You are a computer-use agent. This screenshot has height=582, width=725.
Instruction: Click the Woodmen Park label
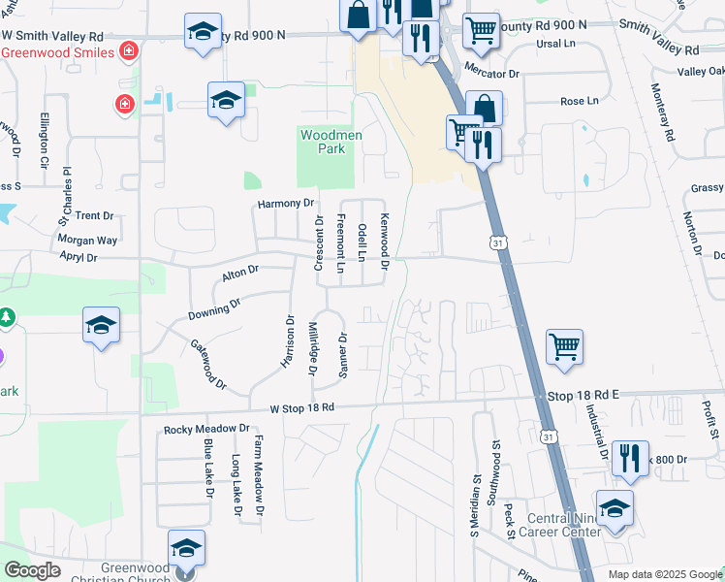(331, 143)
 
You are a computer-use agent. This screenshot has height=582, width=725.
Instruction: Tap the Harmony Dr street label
(287, 204)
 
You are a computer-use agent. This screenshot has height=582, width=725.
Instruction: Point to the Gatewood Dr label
(208, 365)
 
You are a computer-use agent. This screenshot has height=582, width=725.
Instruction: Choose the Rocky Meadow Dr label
(206, 429)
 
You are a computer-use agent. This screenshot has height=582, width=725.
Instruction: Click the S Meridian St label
(476, 499)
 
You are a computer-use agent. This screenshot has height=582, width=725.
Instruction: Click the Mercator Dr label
(492, 73)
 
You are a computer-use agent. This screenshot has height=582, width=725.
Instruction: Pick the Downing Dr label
(214, 309)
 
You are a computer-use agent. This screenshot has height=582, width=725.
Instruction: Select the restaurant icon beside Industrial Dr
(631, 457)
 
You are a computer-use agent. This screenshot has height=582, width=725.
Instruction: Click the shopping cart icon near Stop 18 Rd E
(564, 346)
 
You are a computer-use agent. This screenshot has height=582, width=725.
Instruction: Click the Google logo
(32, 570)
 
